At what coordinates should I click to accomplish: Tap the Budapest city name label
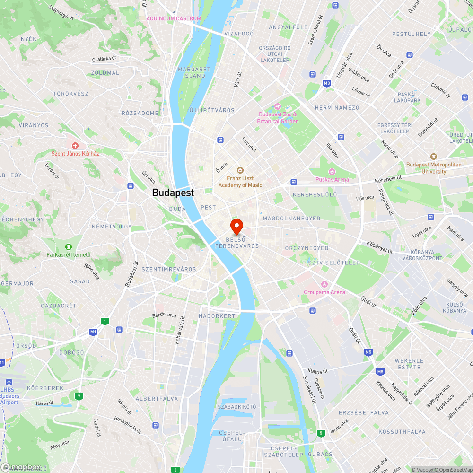pos(173,193)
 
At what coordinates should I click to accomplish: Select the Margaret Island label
pos(194,72)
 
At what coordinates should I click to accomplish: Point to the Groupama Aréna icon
pos(324,284)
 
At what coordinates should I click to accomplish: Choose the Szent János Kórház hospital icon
pos(75,146)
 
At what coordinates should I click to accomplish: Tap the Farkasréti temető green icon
pos(69,246)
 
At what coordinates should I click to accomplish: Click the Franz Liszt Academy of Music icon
pos(240,170)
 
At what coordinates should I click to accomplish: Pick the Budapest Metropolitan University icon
pos(434,157)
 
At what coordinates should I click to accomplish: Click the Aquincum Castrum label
pos(174,18)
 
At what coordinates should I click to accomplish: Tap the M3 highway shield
pos(327,83)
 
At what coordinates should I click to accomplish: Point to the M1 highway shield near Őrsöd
pos(94,332)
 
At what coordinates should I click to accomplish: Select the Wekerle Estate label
pos(409,364)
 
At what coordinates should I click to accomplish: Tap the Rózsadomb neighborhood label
pos(140,113)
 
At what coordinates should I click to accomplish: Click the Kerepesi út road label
pos(388,177)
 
